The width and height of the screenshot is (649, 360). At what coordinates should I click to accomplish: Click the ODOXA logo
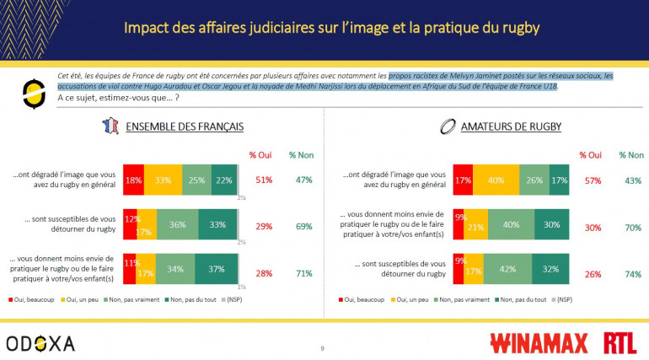pyautogui.click(x=40, y=342)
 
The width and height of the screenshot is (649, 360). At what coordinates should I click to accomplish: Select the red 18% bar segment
pyautogui.click(x=133, y=180)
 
